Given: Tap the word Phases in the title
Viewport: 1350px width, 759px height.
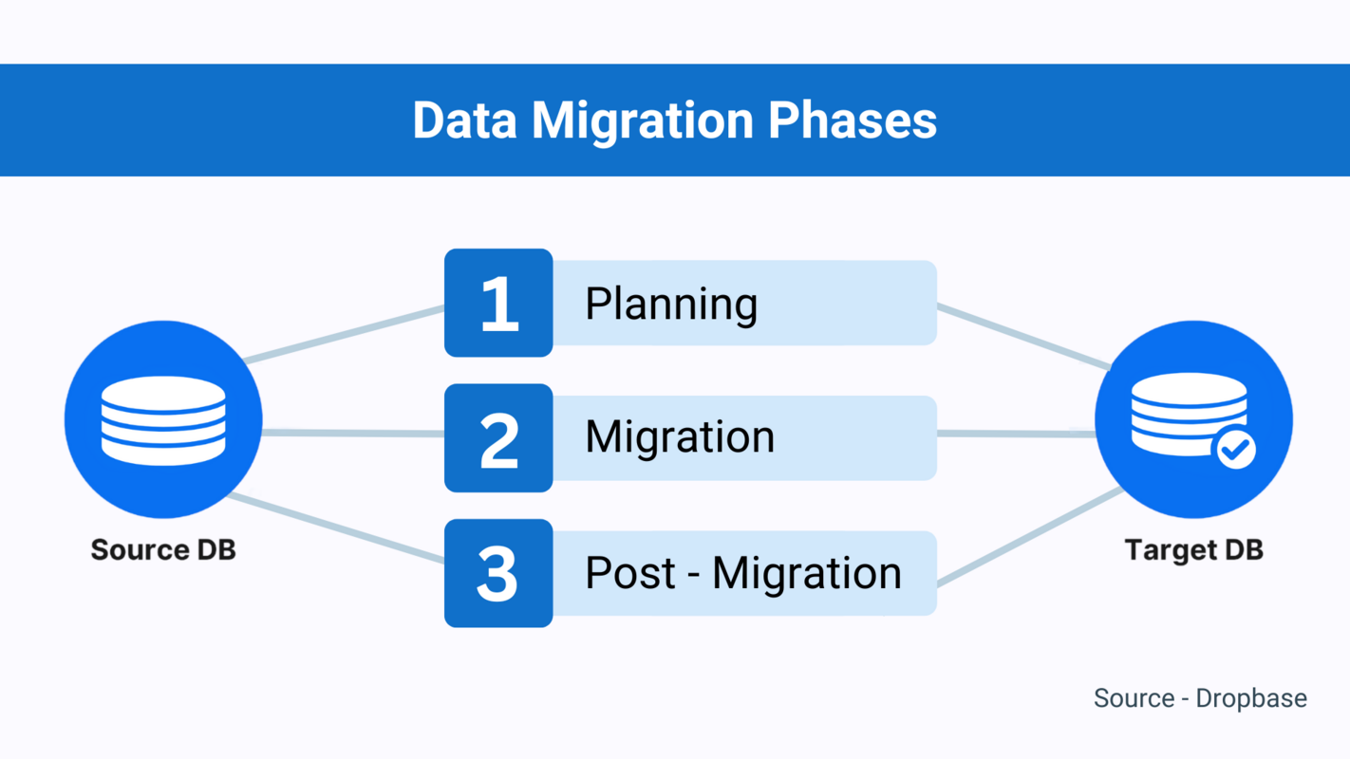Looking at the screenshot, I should (x=852, y=120).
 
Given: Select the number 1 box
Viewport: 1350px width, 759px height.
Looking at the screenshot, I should (x=498, y=304).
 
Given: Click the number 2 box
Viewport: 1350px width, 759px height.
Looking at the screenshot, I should (x=498, y=438).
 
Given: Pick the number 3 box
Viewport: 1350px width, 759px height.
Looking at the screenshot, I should (x=498, y=573).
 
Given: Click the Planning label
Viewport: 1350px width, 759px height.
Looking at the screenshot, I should (x=671, y=305).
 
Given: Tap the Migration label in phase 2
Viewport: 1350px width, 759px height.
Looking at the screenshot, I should (x=680, y=437).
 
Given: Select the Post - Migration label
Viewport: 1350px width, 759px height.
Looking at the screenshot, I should (x=742, y=573).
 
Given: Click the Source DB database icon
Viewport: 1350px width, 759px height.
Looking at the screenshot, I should (x=163, y=419).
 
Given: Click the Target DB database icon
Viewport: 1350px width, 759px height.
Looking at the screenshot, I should (x=1192, y=417).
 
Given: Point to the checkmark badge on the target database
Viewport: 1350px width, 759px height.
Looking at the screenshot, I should (x=1235, y=449).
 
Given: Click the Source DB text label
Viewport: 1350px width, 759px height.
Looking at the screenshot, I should (x=163, y=550).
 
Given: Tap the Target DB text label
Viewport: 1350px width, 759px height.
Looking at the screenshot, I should (x=1193, y=550).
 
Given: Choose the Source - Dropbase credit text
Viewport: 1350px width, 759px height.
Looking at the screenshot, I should (x=1200, y=698).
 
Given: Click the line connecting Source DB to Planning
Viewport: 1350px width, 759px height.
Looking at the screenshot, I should (x=345, y=333).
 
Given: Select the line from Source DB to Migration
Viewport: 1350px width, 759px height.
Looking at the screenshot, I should (x=353, y=434).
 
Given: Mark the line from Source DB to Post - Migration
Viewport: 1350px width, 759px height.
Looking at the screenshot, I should (x=337, y=528).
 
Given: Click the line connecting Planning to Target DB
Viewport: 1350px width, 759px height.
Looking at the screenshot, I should (x=1023, y=336).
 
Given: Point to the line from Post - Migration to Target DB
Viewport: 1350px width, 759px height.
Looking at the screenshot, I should (x=1030, y=537).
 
